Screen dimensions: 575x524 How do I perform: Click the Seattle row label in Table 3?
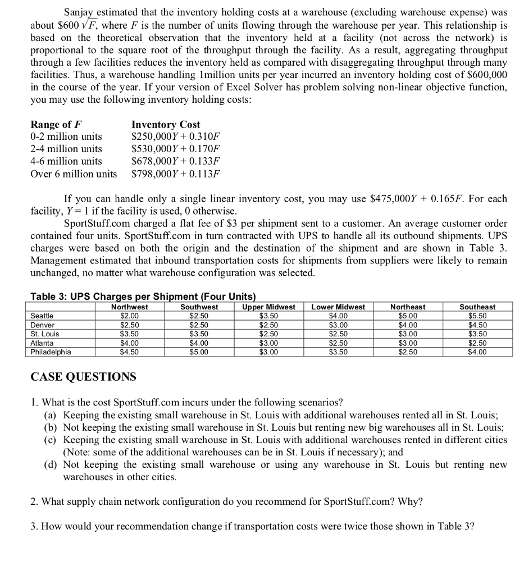(42, 316)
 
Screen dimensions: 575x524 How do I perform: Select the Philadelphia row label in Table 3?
(51, 353)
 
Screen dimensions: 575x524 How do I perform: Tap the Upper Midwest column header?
(268, 307)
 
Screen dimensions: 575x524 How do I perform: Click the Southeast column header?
(477, 307)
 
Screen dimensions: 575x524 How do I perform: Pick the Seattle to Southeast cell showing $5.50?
(477, 316)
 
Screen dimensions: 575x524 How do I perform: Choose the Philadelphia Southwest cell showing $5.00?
(199, 353)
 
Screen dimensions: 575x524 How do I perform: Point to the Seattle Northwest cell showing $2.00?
(130, 316)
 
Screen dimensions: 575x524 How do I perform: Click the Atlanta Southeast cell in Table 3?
(477, 343)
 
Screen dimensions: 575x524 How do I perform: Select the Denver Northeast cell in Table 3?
(408, 325)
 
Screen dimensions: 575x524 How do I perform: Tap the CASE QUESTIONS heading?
(83, 377)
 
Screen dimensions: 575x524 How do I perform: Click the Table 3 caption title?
(143, 296)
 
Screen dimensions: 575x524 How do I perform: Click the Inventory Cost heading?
(166, 124)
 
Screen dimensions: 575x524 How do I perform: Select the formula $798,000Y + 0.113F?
(176, 174)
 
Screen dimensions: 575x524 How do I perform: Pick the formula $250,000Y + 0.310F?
(176, 136)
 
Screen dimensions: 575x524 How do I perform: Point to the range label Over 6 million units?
(74, 174)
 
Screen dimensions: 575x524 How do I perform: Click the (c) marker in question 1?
(51, 440)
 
